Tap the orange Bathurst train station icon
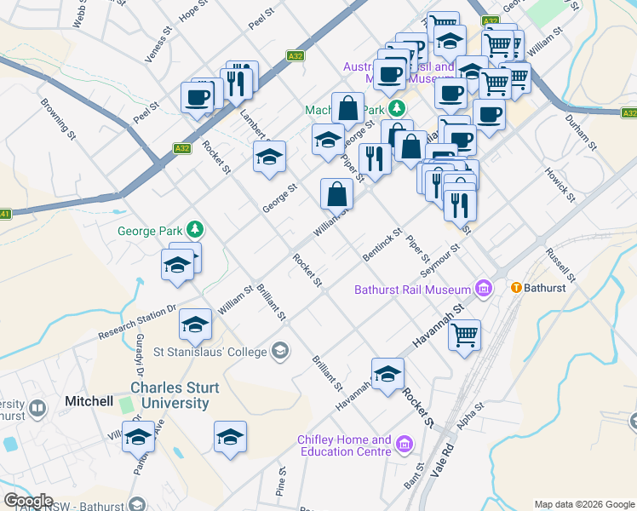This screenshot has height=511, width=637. (516, 288)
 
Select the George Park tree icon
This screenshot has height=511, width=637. (196, 229)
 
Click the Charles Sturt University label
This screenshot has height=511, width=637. (175, 395)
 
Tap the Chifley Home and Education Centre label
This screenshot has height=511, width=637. (344, 445)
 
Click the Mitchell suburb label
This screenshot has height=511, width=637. (89, 400)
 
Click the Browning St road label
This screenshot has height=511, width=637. (59, 120)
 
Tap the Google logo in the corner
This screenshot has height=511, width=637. (28, 501)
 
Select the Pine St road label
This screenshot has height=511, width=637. (280, 481)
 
